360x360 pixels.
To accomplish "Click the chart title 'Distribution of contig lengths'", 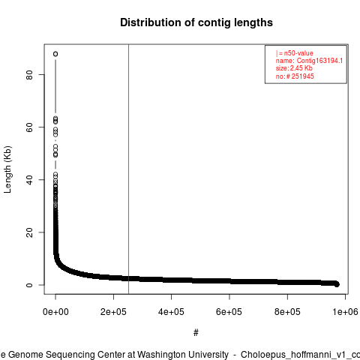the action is (x=196, y=22).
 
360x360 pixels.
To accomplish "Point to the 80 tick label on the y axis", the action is (x=29, y=75).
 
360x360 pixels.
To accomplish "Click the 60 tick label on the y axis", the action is (x=29, y=127).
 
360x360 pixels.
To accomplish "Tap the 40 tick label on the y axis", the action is (x=29, y=180).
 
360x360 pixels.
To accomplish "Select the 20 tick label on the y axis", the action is (x=29, y=232).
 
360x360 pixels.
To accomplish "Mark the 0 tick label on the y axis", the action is (x=29, y=285).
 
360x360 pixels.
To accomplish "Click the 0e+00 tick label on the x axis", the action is (x=55, y=312).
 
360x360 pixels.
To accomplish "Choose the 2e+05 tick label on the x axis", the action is (x=113, y=312).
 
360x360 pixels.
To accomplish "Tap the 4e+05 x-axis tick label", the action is (x=171, y=312).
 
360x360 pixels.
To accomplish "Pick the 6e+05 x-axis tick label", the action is (x=229, y=312).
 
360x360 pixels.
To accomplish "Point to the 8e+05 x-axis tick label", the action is (x=287, y=312).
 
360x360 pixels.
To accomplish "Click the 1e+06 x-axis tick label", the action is (x=345, y=312).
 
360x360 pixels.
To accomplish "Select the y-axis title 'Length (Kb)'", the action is (x=7, y=169).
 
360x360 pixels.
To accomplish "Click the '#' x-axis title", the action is (x=196, y=333).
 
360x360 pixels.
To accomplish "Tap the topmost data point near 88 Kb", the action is (x=55, y=54).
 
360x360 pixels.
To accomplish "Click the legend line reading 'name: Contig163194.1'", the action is (x=309, y=61).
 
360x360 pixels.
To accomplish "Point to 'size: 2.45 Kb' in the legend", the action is (x=294, y=68).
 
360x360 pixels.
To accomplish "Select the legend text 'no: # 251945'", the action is (x=295, y=76).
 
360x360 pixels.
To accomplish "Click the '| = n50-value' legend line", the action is (x=295, y=53).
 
